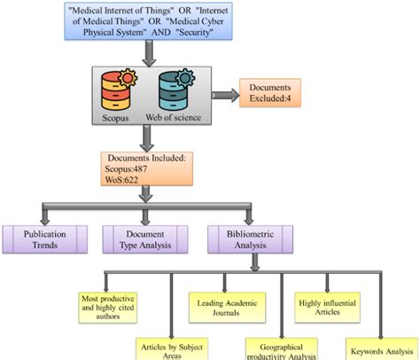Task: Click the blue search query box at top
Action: (151, 24)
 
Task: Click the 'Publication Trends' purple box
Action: (45, 237)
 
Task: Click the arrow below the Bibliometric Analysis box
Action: (254, 261)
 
